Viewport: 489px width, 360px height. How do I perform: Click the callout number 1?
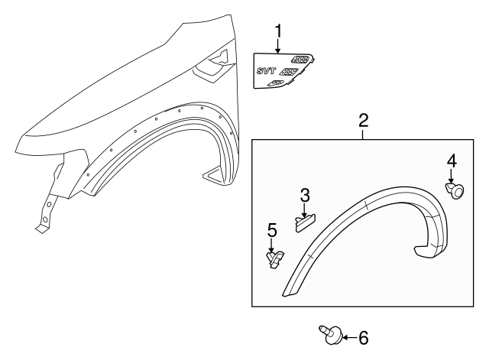(x=279, y=31)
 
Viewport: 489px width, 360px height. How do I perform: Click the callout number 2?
(x=364, y=120)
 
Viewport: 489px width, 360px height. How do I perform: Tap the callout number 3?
(x=304, y=196)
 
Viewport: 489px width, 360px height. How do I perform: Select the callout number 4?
(x=452, y=161)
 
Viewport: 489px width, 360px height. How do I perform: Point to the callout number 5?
(x=271, y=229)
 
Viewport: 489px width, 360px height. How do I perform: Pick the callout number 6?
(x=364, y=337)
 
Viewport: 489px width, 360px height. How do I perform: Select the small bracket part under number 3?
(x=305, y=222)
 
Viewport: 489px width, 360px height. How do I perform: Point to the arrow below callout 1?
(x=279, y=46)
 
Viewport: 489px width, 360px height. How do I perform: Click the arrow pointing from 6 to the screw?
(x=348, y=337)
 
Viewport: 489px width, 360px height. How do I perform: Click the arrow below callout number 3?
(x=304, y=209)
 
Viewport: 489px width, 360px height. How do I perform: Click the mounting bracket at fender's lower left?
(x=47, y=206)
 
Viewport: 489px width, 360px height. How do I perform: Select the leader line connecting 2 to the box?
(x=364, y=133)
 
